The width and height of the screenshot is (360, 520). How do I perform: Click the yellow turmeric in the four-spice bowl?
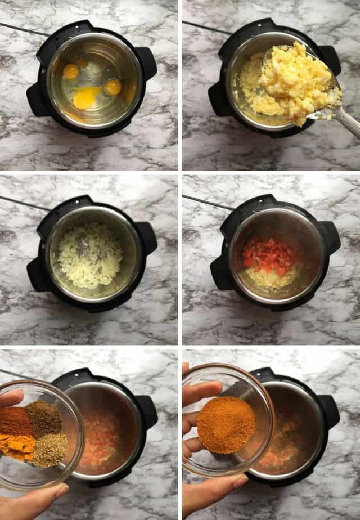pos(17,445)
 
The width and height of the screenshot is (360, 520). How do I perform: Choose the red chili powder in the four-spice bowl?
pos(15,421)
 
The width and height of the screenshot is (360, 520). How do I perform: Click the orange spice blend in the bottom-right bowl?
pos(225,424)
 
